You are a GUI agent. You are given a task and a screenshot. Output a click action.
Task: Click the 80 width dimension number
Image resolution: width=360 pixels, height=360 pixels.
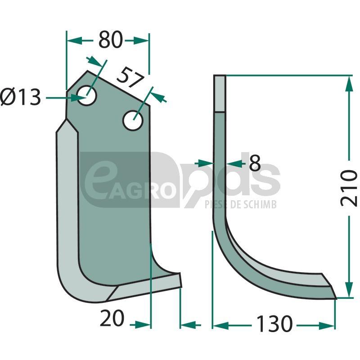110,40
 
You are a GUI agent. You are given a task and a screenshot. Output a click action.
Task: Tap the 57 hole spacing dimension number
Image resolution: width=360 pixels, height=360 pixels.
130,77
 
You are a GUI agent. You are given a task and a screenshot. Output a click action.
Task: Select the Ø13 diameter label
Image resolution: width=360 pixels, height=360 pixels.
20,97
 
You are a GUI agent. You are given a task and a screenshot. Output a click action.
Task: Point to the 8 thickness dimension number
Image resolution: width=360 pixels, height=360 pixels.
255,163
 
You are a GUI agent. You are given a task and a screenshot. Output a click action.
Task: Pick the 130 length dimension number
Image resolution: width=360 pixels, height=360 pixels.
274,324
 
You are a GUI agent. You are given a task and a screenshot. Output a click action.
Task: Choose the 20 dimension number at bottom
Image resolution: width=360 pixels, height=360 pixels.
112,318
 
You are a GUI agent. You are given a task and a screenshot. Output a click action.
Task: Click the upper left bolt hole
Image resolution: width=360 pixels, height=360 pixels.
87,95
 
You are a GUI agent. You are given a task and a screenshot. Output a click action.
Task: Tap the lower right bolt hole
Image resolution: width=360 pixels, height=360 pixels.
133,120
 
